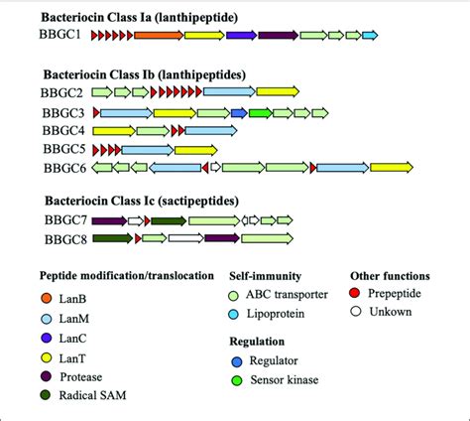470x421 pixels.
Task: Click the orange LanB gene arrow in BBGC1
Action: click(158, 36)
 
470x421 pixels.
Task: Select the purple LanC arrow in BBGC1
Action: click(240, 36)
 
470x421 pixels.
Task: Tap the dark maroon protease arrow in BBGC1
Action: click(278, 36)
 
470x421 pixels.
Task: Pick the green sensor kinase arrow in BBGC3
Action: click(261, 113)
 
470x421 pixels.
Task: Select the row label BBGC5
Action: click(64, 149)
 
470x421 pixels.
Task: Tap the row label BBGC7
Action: click(64, 220)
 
